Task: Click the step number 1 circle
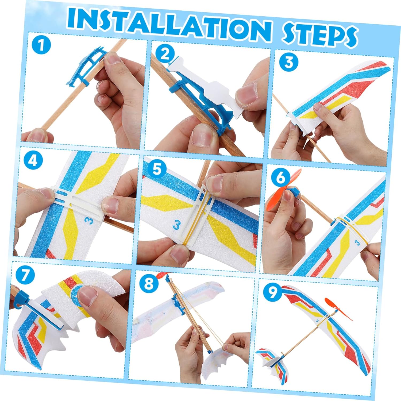coord(41,45)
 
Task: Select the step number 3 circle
coord(289,62)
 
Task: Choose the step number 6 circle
coord(280,178)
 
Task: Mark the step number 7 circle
coord(25,275)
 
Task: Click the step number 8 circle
coord(149,284)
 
